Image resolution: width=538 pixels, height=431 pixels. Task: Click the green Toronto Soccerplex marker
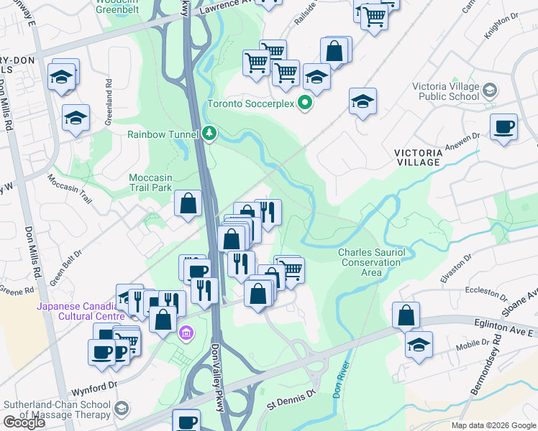point(305,103)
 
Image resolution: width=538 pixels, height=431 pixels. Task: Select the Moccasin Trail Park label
point(151,182)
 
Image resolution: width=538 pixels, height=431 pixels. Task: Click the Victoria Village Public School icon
point(490,91)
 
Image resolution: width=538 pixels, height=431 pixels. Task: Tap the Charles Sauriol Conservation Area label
point(370,262)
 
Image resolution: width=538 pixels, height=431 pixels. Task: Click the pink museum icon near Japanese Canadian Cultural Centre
point(186,333)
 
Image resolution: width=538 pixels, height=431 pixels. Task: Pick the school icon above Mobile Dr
point(419,344)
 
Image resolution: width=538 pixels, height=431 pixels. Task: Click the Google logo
point(24,422)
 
